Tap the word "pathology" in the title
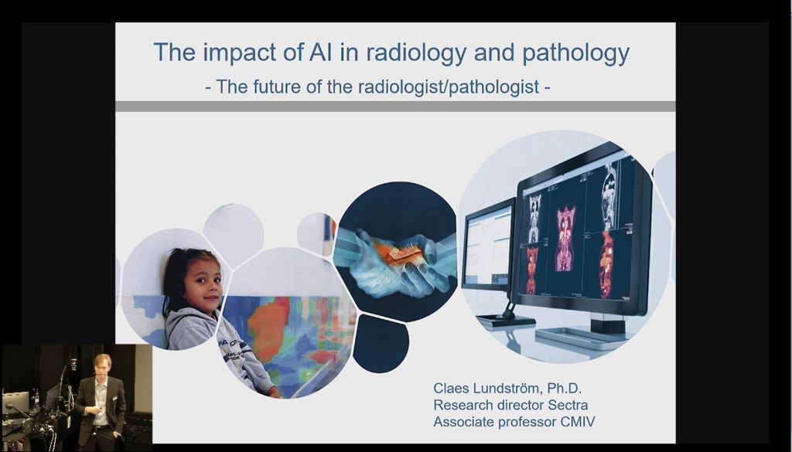point(575,53)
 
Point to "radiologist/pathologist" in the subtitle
point(449,87)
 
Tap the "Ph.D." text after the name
point(564,389)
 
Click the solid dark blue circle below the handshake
point(381,343)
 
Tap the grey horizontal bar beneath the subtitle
point(395,107)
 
